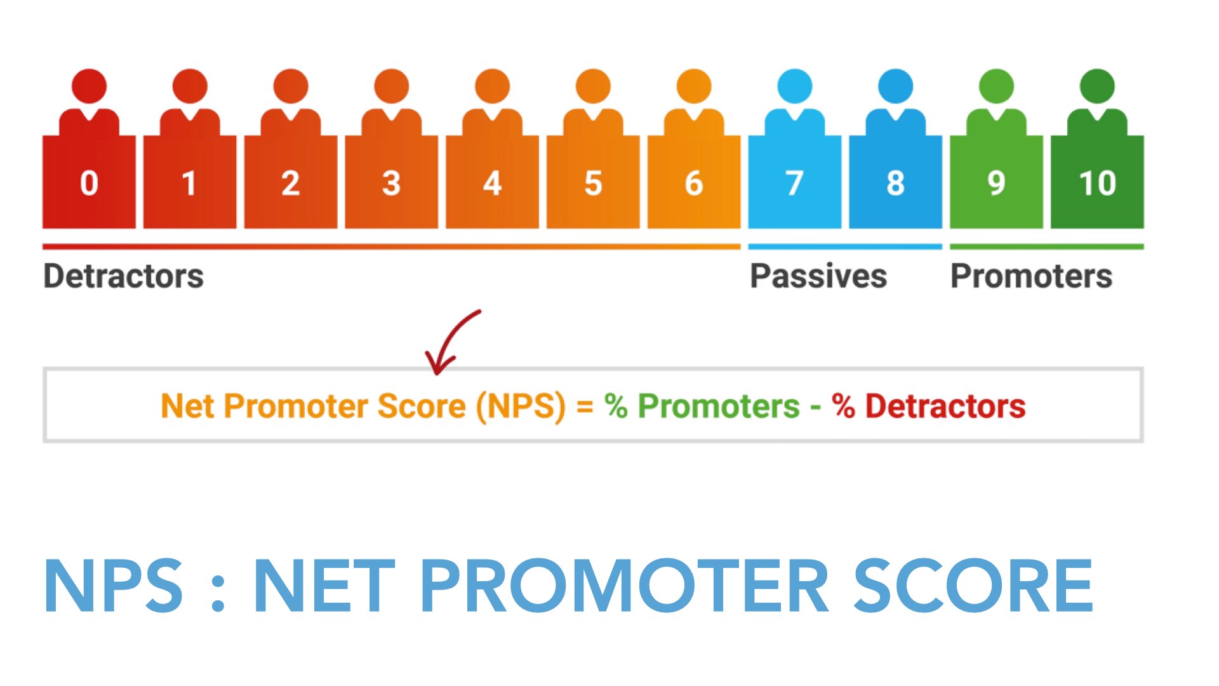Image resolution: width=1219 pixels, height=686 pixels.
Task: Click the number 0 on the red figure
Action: tap(89, 183)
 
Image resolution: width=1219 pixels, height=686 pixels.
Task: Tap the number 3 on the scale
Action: tap(391, 183)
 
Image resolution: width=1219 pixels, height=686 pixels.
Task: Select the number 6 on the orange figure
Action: tap(694, 183)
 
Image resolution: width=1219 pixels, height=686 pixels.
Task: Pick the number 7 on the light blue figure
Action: tap(794, 183)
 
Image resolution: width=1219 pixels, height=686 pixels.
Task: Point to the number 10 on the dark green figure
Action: tap(1097, 183)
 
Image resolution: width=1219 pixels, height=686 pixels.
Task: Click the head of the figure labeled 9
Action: tap(996, 86)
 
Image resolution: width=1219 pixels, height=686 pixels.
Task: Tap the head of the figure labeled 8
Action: tap(895, 86)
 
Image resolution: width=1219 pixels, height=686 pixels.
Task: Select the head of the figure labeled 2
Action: tap(291, 86)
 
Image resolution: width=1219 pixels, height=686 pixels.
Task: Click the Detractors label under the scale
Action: tap(123, 276)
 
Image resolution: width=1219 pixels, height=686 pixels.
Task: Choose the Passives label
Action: tap(818, 276)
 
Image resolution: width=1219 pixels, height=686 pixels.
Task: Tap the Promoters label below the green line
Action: tap(1031, 276)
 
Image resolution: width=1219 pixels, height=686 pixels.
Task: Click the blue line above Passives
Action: tap(845, 246)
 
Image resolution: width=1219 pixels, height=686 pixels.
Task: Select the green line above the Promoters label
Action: tap(1047, 246)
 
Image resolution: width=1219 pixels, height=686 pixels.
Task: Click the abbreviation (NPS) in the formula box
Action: tap(521, 407)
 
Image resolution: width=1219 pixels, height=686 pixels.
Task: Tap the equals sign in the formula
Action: tap(585, 407)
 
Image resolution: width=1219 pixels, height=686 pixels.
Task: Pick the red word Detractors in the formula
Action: tap(945, 406)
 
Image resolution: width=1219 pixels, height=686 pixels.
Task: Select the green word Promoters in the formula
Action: tap(719, 406)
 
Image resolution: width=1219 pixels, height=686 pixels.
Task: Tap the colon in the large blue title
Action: tap(218, 591)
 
